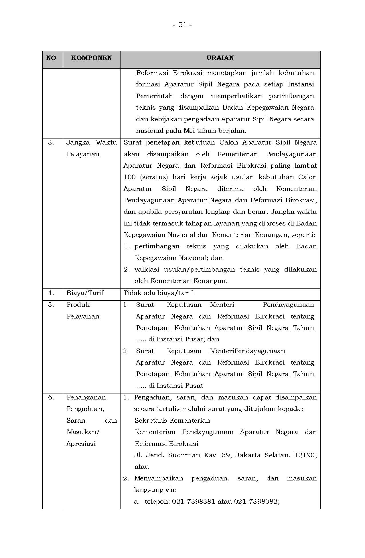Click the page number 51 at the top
[x=182, y=25]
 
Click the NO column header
[x=51, y=58]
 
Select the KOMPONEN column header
[x=91, y=58]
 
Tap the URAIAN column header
[x=220, y=58]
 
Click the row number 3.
[x=51, y=143]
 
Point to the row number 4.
[x=51, y=293]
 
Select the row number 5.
[x=51, y=305]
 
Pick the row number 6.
[x=51, y=397]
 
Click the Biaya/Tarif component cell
[x=85, y=293]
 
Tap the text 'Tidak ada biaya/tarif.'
[x=159, y=293]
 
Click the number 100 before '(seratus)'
[x=130, y=177]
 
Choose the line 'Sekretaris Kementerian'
[x=172, y=420]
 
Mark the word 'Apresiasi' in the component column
[x=81, y=444]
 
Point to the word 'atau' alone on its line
[x=142, y=467]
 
